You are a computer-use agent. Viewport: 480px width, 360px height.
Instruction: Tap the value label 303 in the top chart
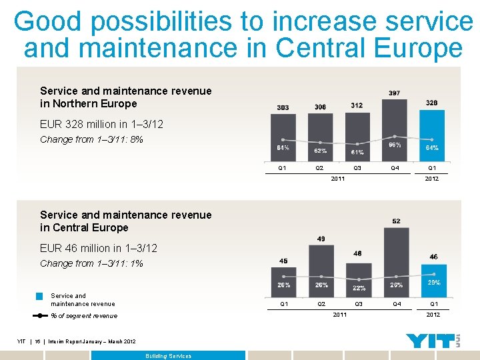(x=283, y=107)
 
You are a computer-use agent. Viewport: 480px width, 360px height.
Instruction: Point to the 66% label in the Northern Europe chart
(x=395, y=144)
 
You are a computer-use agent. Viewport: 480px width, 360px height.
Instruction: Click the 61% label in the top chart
(x=357, y=153)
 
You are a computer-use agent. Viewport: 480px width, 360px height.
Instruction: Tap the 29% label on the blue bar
(x=433, y=283)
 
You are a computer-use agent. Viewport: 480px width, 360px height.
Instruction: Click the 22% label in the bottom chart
(x=359, y=288)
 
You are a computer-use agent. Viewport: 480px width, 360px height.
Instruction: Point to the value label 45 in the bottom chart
(x=283, y=261)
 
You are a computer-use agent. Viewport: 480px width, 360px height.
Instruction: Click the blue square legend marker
(x=40, y=296)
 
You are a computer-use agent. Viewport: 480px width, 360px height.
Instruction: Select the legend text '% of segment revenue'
(x=83, y=316)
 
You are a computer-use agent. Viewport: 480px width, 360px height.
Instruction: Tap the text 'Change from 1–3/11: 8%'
(x=91, y=139)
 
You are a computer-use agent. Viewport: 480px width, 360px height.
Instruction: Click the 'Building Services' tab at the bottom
(x=168, y=356)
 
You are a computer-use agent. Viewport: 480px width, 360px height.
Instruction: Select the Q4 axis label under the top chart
(x=395, y=168)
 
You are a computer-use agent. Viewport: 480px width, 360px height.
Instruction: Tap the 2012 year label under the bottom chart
(x=433, y=314)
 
